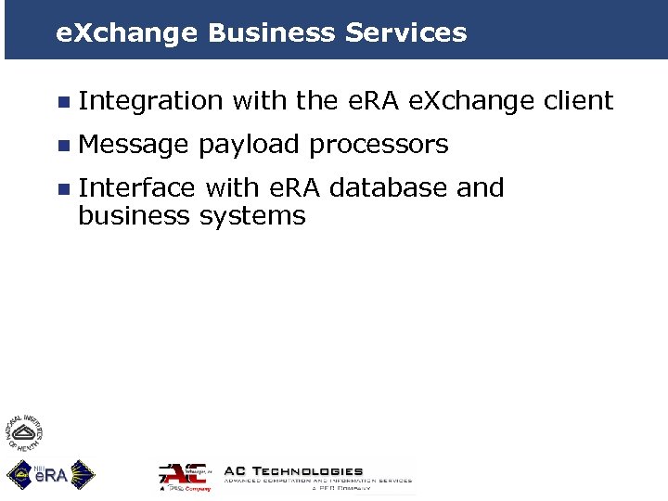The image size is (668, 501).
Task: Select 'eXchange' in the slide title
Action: point(127,33)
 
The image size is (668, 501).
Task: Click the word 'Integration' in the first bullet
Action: point(150,100)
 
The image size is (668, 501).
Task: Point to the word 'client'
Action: point(578,100)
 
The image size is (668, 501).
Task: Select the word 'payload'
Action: point(249,146)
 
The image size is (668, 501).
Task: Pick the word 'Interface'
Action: point(136,188)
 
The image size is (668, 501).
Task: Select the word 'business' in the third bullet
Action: point(135,216)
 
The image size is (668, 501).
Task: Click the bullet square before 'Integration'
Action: point(62,101)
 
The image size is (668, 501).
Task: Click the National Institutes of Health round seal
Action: point(25,432)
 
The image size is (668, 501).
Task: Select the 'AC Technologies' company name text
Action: point(294,471)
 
